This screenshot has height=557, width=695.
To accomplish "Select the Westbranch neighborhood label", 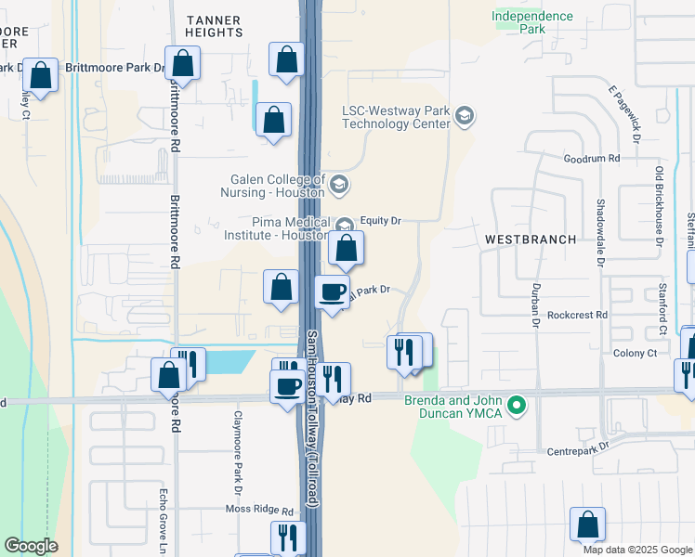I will click(530, 240).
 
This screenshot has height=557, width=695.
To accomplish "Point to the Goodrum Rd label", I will click(591, 160).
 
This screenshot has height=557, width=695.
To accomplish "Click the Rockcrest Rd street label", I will click(577, 315).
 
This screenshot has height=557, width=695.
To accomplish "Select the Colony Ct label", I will click(635, 353).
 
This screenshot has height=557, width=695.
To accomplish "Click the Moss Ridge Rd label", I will click(260, 511).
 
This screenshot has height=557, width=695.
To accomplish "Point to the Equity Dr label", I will click(380, 221).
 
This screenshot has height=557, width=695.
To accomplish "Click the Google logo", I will click(31, 547).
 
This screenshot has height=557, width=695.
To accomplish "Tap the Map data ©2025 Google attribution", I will click(636, 550).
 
